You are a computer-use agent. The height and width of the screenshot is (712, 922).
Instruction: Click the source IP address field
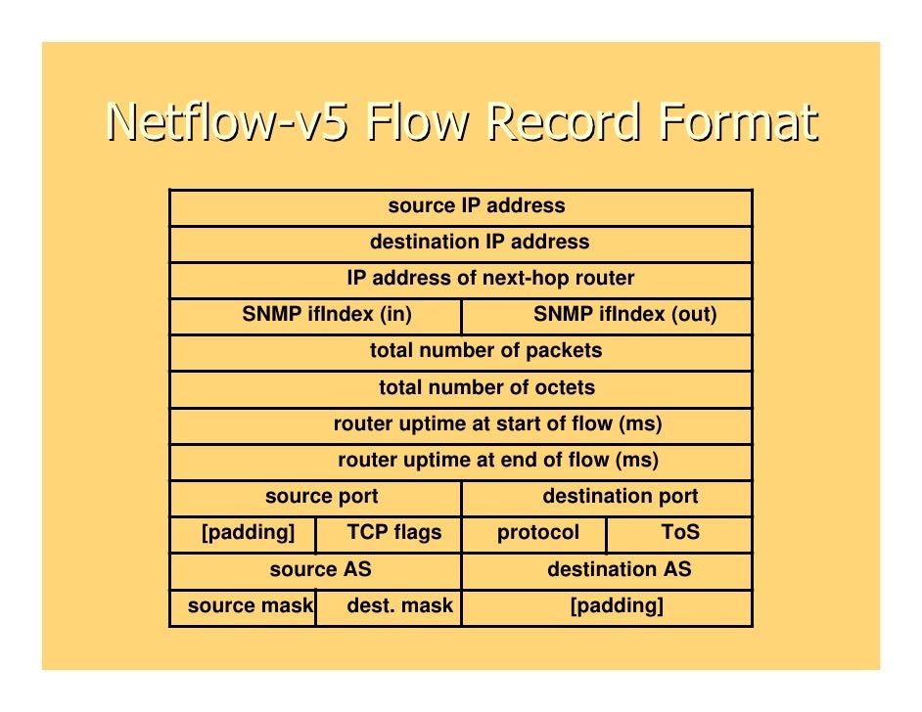click(x=477, y=206)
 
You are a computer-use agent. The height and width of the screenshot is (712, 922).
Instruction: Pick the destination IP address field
click(x=479, y=243)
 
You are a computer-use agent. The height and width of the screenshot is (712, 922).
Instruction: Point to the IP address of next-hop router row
click(x=489, y=279)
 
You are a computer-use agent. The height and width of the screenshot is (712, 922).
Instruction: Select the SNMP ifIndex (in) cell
click(x=326, y=315)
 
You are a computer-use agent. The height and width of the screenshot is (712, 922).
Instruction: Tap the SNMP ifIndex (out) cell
click(x=624, y=315)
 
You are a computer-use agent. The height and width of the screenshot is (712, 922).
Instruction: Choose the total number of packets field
click(x=485, y=351)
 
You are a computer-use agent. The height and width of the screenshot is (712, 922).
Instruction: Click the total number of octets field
click(x=486, y=388)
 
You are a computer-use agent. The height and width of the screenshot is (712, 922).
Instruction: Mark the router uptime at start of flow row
click(x=497, y=424)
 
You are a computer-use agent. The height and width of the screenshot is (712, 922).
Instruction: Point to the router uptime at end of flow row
click(x=497, y=461)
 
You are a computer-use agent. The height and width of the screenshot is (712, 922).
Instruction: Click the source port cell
click(x=321, y=497)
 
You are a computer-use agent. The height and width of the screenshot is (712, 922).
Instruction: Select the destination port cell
click(x=620, y=497)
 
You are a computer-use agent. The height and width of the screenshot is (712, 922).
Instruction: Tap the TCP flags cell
click(x=393, y=533)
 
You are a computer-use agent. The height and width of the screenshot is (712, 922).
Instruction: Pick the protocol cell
click(x=537, y=533)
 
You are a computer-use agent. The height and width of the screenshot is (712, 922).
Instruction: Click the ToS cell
click(x=680, y=533)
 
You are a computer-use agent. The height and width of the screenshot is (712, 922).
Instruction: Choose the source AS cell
click(x=320, y=569)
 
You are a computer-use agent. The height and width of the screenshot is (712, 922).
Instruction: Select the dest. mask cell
click(x=399, y=606)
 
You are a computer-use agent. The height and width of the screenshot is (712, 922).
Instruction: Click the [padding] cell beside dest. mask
click(x=617, y=606)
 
